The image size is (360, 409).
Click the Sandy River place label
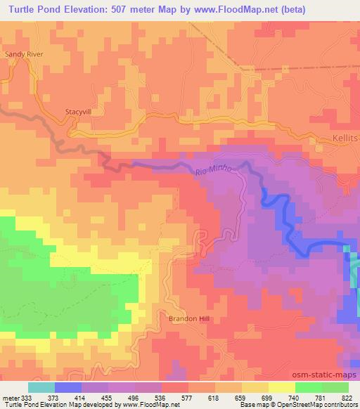pos(24,53)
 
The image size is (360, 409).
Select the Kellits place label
pos(344,138)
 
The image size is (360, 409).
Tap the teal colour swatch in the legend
pos(41,388)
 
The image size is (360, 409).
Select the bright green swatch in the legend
pos(309,388)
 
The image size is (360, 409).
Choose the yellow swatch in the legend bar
pos(282,388)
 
